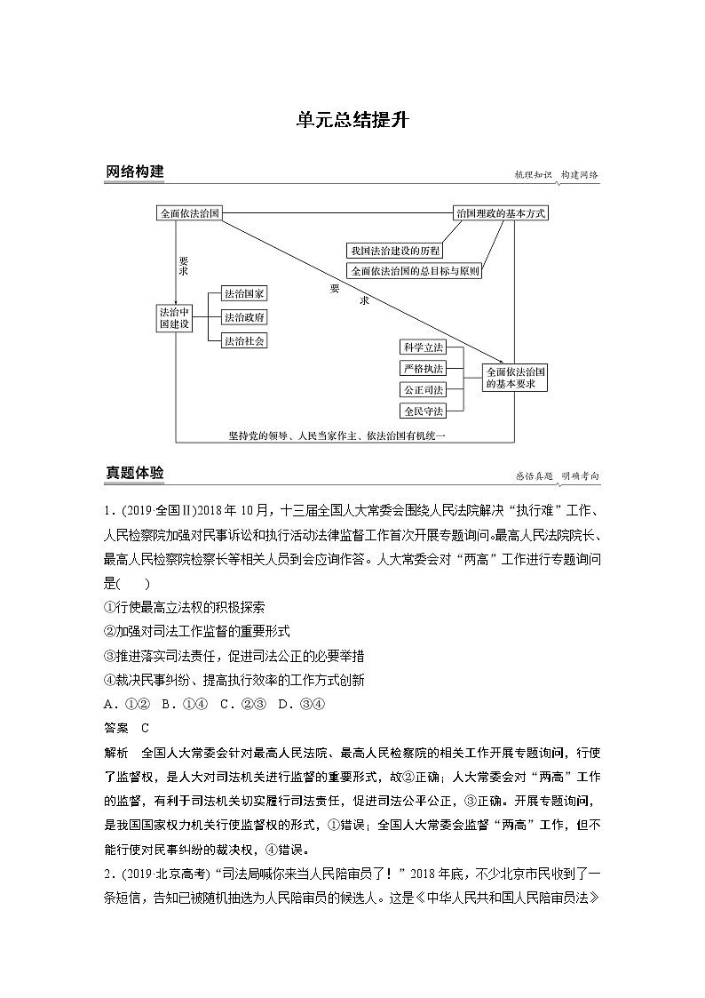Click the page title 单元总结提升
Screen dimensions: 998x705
[352, 121]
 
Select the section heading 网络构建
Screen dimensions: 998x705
[134, 172]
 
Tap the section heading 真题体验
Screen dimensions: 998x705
[134, 474]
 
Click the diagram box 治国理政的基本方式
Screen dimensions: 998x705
[500, 214]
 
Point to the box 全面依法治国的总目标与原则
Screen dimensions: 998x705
[415, 271]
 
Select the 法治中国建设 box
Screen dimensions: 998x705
[174, 318]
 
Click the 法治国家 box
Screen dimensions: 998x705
[244, 293]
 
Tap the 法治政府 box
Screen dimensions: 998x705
[244, 317]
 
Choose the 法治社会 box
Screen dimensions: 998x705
[244, 340]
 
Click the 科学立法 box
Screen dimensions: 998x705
[423, 347]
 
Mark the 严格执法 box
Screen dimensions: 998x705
[423, 368]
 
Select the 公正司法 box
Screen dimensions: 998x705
[423, 389]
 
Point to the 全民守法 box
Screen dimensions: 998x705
[423, 411]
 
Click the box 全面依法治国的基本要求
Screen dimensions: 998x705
[515, 378]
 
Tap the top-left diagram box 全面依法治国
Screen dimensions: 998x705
[189, 214]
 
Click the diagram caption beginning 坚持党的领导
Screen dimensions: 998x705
[336, 435]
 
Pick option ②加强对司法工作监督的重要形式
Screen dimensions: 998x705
[196, 631]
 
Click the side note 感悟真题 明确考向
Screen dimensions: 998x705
[557, 476]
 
